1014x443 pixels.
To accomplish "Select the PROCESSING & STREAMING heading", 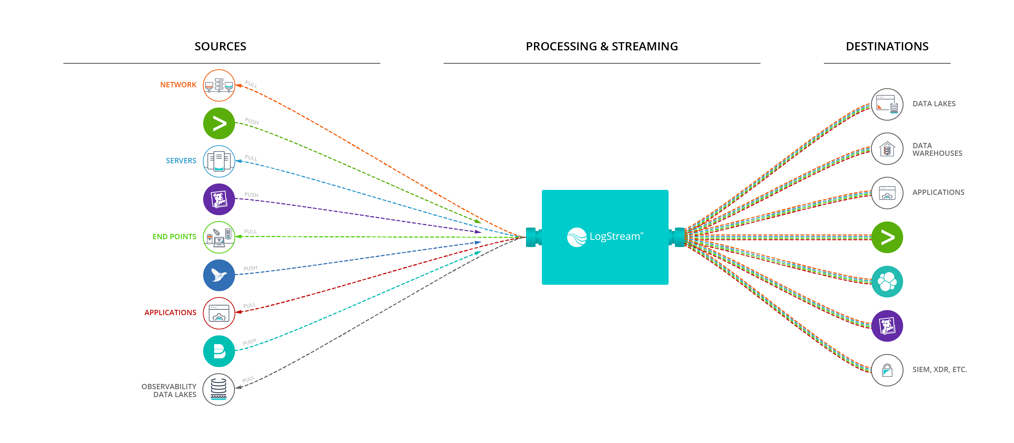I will tap(602, 46).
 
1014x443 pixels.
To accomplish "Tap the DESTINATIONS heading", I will tap(887, 46).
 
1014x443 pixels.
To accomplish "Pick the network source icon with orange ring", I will tap(219, 85).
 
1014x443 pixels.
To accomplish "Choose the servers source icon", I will tap(219, 161).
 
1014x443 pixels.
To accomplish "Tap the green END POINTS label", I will tap(174, 237).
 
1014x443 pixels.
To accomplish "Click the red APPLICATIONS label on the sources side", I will tap(170, 312).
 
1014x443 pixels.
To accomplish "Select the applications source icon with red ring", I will tap(219, 313).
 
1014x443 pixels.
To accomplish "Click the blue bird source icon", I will tap(219, 275).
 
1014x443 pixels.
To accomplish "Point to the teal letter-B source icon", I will tap(219, 351).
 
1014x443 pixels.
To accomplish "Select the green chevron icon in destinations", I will tap(887, 237).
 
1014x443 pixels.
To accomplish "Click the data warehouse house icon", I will tap(887, 149).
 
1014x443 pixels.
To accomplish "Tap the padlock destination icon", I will tap(887, 370).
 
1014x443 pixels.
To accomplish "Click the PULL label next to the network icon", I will tap(251, 84).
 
